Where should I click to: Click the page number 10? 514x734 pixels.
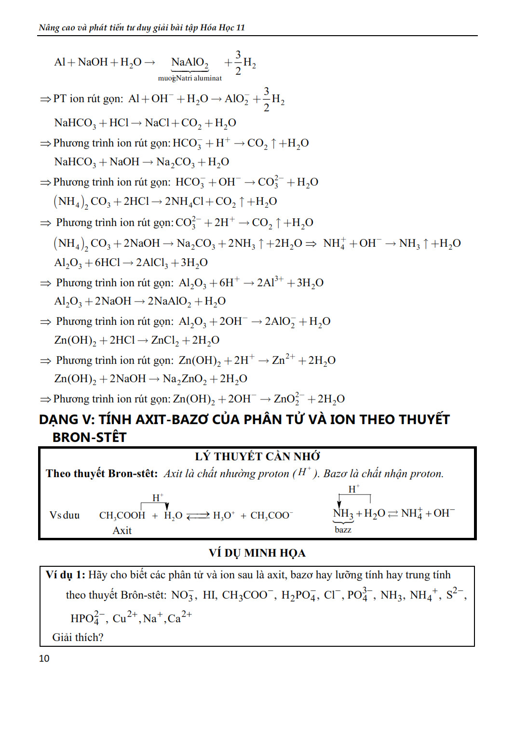tap(44, 658)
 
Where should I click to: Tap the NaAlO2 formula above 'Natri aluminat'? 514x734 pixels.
tap(189, 63)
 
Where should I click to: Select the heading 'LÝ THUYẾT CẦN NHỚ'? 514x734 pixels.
tap(257, 456)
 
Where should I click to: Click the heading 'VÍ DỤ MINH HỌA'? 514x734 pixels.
tap(257, 553)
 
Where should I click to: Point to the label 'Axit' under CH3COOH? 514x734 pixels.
tap(122, 531)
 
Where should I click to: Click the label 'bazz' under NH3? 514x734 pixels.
tap(343, 530)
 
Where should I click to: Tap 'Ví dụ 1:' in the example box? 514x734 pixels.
tap(65, 575)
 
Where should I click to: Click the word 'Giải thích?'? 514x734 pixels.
tap(78, 637)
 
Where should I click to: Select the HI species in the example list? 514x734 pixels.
tap(209, 595)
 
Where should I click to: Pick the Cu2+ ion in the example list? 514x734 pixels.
tap(125, 618)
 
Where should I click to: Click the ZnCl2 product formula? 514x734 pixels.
tap(164, 340)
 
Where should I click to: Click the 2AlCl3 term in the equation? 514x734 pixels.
tap(151, 263)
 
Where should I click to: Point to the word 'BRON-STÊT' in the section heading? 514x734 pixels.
tap(89, 437)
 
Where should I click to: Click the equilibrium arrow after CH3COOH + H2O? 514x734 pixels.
tap(198, 516)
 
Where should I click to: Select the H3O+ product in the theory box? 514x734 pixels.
tap(224, 516)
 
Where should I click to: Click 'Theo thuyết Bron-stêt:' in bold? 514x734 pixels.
tap(102, 474)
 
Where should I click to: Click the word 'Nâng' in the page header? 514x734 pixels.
tap(49, 27)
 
